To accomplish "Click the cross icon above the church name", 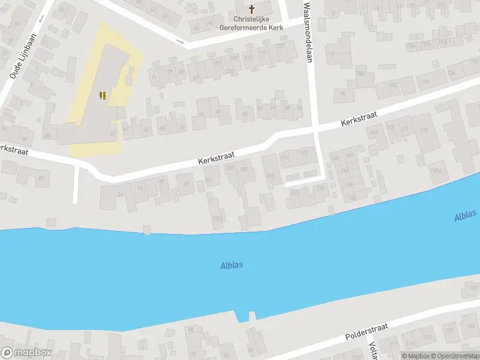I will [252, 9].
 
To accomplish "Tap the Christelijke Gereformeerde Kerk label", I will [251, 23].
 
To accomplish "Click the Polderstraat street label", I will [366, 332].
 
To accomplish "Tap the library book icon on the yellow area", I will [103, 95].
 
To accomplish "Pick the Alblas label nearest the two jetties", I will [231, 265].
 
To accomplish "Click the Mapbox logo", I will [27, 353].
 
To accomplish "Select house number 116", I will [425, 82].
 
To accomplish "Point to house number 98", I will [343, 92].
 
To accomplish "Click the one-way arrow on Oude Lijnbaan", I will [41, 19].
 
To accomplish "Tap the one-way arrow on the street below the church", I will [180, 41].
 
